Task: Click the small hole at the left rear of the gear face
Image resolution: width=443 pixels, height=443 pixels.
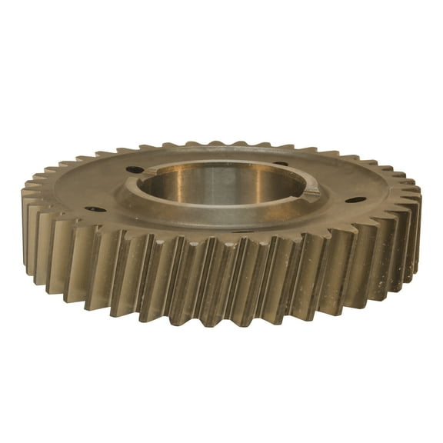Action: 134,169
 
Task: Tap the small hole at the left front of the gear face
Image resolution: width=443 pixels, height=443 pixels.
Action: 96,208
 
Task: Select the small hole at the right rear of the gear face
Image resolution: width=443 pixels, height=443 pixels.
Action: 280,163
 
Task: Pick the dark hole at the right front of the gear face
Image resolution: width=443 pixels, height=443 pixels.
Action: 355,200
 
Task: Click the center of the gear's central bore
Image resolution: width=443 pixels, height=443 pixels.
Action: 223,185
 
